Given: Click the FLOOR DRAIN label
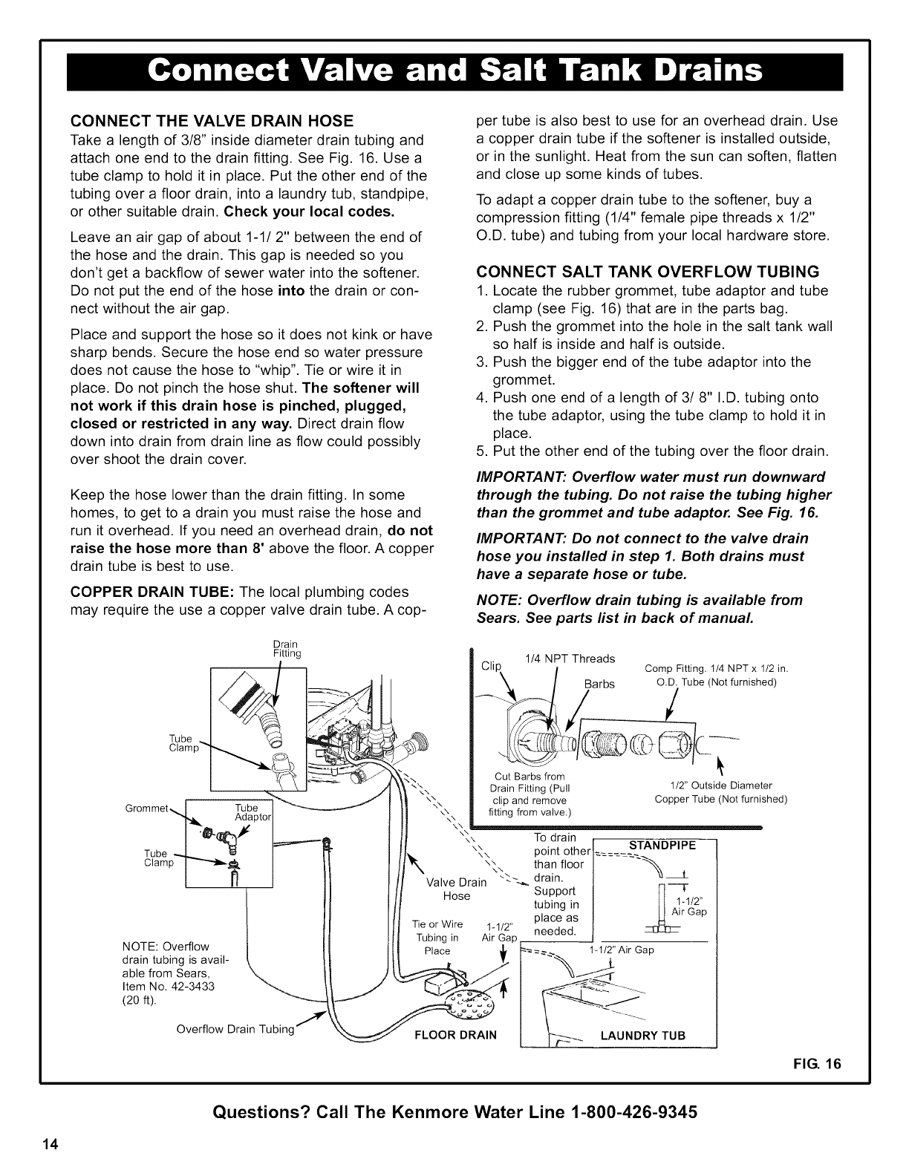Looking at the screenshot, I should click(x=454, y=1035).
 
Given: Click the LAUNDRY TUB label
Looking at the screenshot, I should click(x=642, y=1036).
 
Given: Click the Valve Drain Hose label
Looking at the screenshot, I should click(x=456, y=889).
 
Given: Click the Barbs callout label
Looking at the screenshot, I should click(x=599, y=684).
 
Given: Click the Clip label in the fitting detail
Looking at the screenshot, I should click(x=492, y=664).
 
